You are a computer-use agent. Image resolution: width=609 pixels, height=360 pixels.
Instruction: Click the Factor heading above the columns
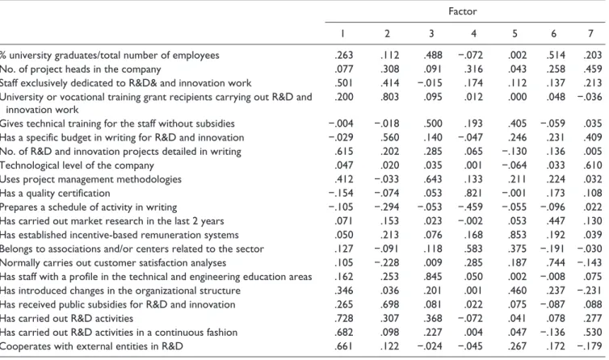[x=462, y=11]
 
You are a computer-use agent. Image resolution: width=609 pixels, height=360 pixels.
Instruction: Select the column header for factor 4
[x=473, y=34]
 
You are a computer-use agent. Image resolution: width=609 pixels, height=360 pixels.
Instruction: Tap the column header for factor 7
[x=590, y=34]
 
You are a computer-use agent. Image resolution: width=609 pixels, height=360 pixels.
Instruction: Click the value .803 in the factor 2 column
[x=389, y=97]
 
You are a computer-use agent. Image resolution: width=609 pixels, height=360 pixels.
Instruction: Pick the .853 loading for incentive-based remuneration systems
[x=517, y=235]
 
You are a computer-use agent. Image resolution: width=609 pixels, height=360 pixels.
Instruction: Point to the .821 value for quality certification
[x=473, y=193]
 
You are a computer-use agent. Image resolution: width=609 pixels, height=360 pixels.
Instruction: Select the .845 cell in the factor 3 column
[x=433, y=277]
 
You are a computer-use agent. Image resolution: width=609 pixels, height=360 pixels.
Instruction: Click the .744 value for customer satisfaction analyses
[x=556, y=262]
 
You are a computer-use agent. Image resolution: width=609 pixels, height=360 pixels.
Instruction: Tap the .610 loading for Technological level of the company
[x=593, y=165]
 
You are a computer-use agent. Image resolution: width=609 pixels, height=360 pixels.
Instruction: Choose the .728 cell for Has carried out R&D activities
[x=344, y=319]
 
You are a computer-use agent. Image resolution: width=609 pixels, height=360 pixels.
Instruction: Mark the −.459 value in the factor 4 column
[x=470, y=207]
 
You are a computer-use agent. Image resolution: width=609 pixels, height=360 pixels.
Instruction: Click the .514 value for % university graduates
[x=556, y=55]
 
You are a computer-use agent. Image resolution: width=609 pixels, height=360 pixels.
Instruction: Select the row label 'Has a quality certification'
[x=55, y=193]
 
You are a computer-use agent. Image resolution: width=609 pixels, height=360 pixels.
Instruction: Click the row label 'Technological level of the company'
[x=77, y=165]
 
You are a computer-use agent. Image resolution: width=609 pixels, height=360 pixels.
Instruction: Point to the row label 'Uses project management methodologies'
[x=90, y=179]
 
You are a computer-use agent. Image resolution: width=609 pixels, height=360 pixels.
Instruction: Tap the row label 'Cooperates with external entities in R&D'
[x=91, y=346]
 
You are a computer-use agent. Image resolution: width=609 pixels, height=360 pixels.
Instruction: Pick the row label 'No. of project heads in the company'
[x=81, y=69]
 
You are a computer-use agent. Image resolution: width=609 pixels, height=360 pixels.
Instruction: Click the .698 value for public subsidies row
[x=389, y=304]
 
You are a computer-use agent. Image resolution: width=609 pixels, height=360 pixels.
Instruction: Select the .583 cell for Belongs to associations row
[x=473, y=249]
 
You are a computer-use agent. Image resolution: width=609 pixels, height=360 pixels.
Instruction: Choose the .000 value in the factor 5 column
[x=517, y=97]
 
